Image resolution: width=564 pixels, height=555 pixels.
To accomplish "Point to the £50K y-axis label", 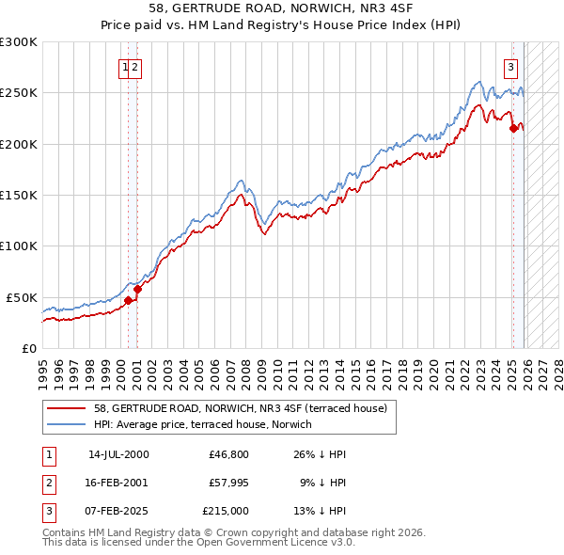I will click(x=22, y=297).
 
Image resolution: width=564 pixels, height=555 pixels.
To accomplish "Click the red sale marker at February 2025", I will click(x=513, y=129).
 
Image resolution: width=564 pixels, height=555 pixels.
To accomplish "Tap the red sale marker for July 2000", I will click(x=129, y=300).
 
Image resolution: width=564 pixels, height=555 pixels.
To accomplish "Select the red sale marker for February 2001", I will click(x=137, y=289).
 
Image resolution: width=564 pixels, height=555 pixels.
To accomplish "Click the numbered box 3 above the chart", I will click(x=510, y=66).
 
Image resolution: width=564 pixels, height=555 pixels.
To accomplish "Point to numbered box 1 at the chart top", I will click(x=125, y=66).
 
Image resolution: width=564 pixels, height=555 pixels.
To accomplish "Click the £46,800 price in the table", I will click(x=229, y=454).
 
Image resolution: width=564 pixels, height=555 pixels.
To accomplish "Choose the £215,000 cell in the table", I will click(x=226, y=511).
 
